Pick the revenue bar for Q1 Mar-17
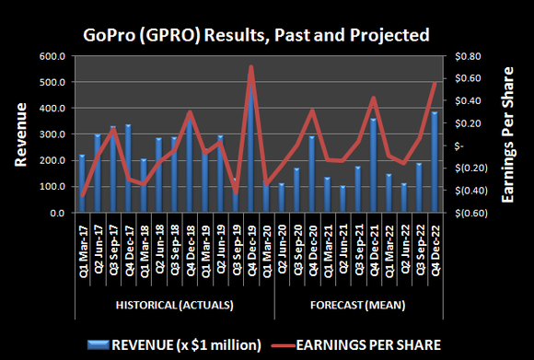click(82, 184)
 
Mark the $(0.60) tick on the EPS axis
click(466, 213)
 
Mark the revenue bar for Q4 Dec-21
click(374, 166)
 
